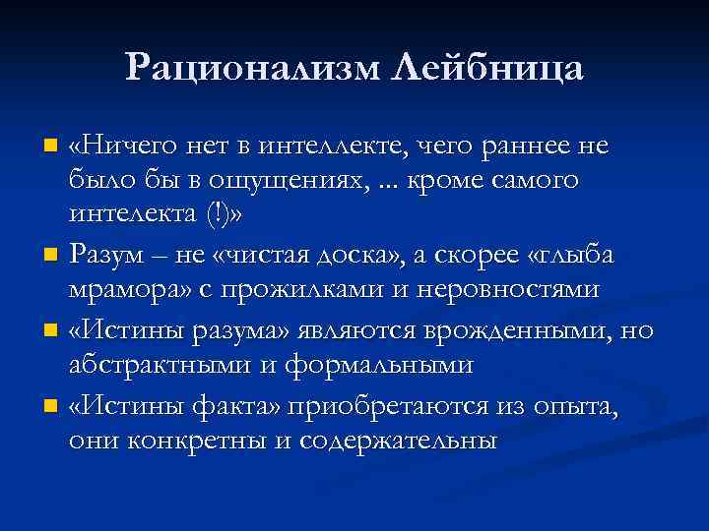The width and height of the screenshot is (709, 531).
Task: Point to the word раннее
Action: (x=533, y=147)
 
